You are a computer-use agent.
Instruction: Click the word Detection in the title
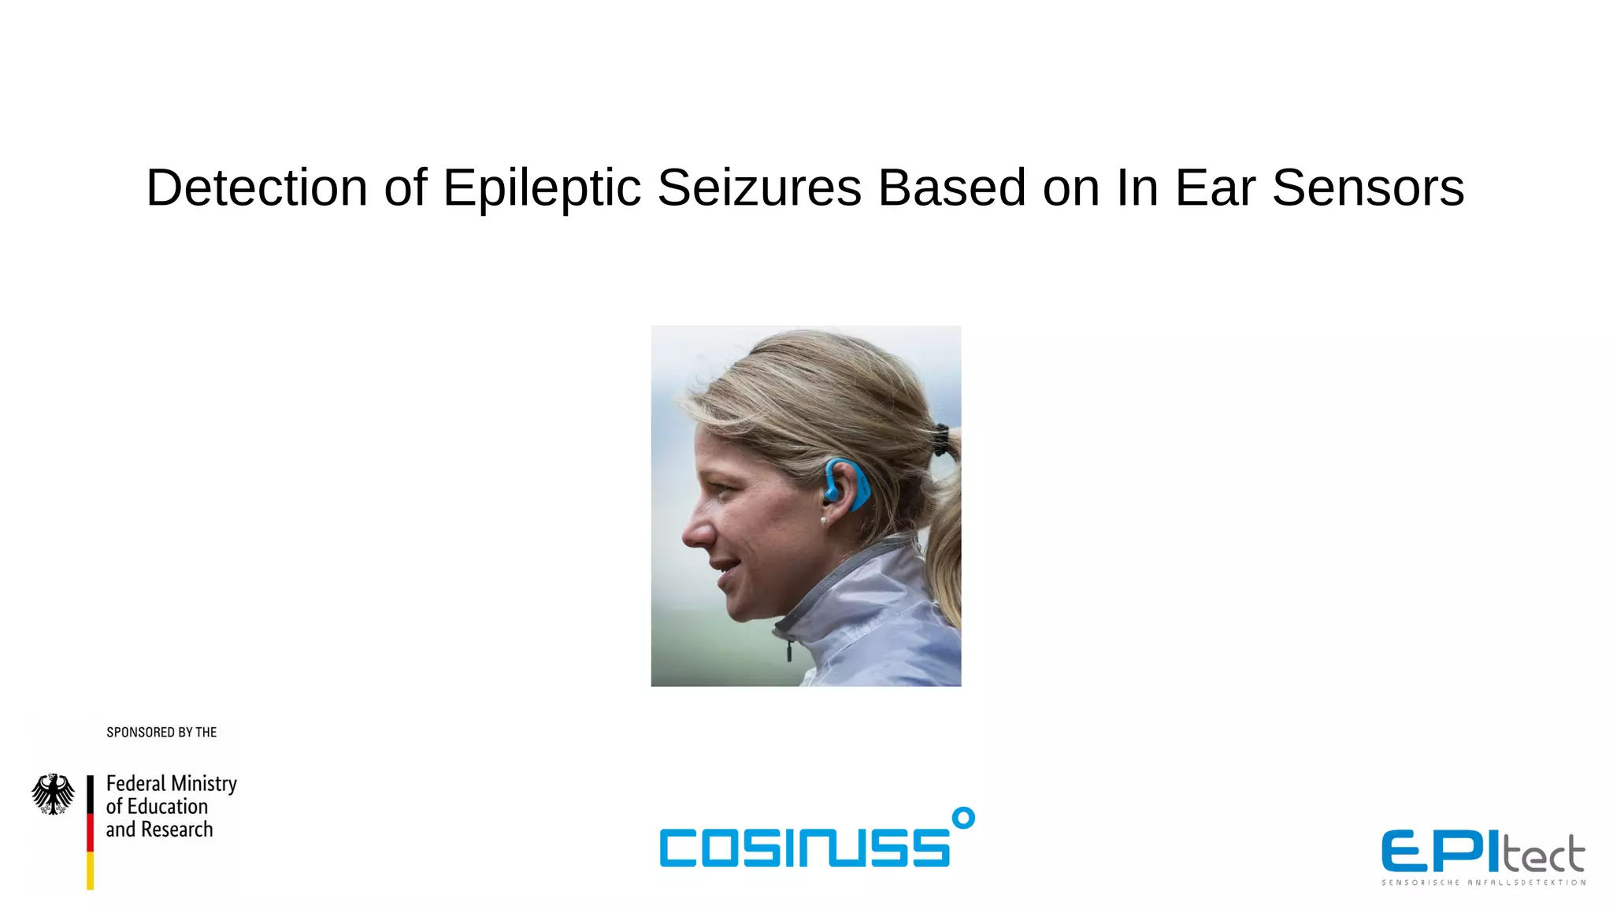(257, 188)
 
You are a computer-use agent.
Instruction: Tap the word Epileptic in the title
(542, 188)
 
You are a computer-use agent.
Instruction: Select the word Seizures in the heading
(759, 188)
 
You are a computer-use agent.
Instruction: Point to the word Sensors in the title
(1367, 188)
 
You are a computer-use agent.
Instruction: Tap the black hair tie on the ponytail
(940, 440)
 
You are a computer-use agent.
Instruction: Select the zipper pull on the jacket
(788, 651)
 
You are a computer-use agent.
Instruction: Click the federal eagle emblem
(53, 794)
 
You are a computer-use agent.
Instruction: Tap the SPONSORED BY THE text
(161, 733)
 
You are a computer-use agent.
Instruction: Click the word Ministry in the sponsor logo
(204, 784)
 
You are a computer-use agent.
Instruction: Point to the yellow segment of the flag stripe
(90, 871)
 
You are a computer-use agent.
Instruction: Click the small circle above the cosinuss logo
(962, 819)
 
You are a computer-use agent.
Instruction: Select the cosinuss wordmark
(804, 847)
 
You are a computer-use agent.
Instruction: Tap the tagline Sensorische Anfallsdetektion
(1483, 882)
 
